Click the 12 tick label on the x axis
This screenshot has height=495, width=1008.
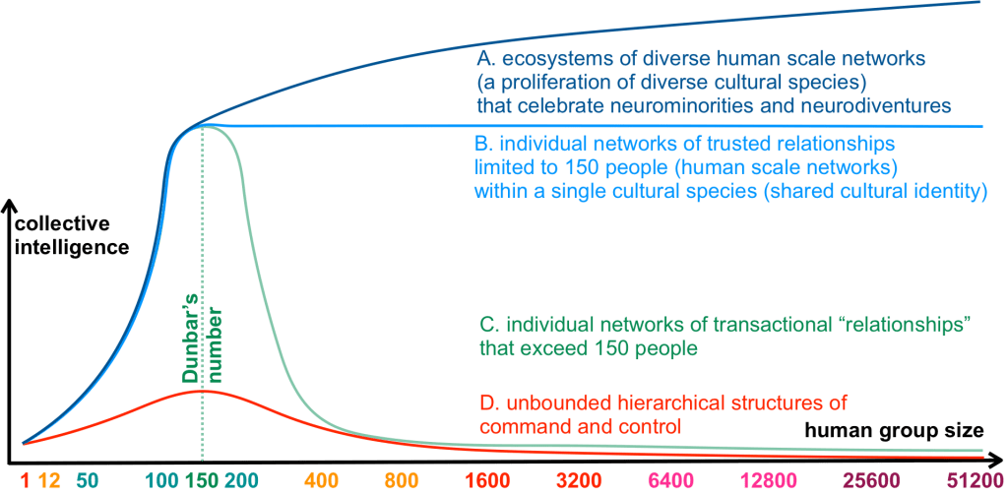(51, 482)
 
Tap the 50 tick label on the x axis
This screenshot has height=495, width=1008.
(86, 482)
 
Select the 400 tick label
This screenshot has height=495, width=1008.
(321, 482)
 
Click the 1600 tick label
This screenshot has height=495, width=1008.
(487, 482)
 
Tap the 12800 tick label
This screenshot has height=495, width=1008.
(764, 482)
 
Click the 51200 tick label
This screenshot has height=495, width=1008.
(970, 482)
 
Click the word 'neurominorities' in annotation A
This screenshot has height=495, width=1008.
(685, 103)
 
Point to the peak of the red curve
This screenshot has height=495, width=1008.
(202, 390)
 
